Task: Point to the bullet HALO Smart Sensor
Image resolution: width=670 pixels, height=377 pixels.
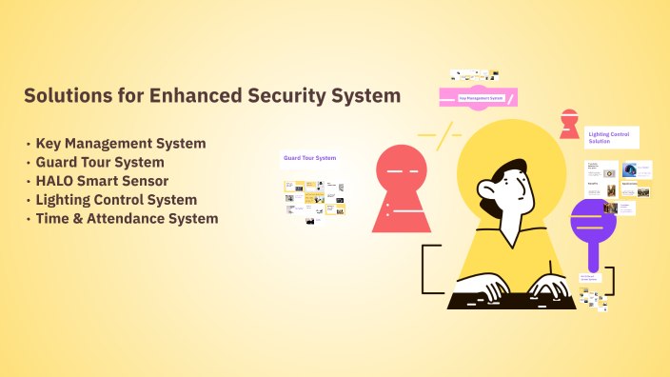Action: click(102, 181)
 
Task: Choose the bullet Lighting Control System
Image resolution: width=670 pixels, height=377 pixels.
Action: click(116, 200)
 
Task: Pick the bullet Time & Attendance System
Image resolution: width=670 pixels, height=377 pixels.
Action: click(127, 218)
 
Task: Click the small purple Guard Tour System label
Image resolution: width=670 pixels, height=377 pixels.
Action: click(309, 157)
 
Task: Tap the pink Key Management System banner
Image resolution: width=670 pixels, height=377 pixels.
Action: click(478, 97)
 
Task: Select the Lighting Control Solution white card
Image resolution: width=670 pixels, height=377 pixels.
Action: click(611, 137)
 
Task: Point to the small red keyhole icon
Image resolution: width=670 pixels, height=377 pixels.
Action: click(569, 123)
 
